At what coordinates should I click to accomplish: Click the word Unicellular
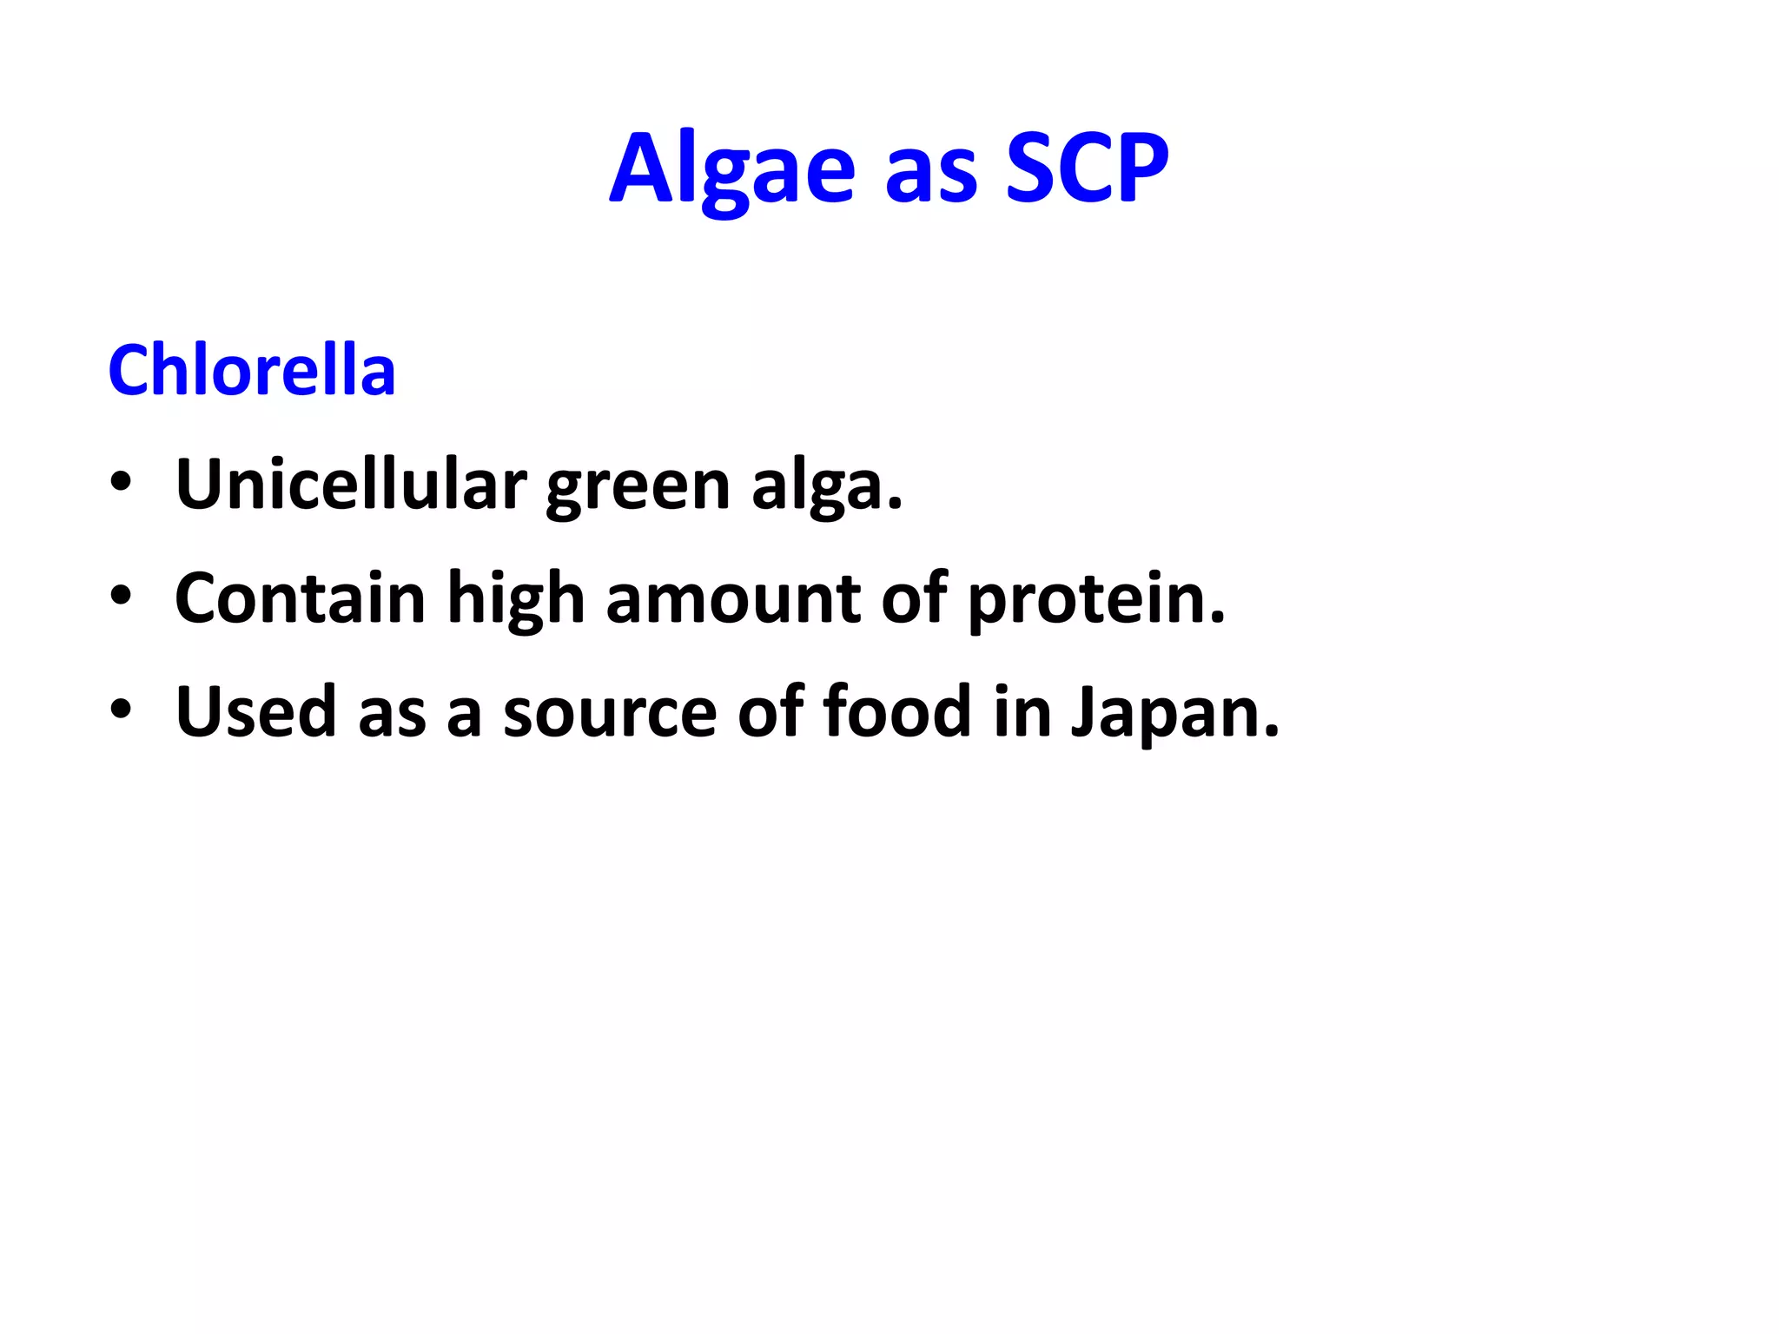[351, 484]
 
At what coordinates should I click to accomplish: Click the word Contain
[301, 598]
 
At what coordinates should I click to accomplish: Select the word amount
[733, 599]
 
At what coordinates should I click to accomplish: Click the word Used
[255, 712]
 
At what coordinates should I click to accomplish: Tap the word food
[896, 712]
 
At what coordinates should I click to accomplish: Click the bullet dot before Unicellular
[121, 483]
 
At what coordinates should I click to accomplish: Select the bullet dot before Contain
[121, 597]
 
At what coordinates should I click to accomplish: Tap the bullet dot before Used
[121, 710]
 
